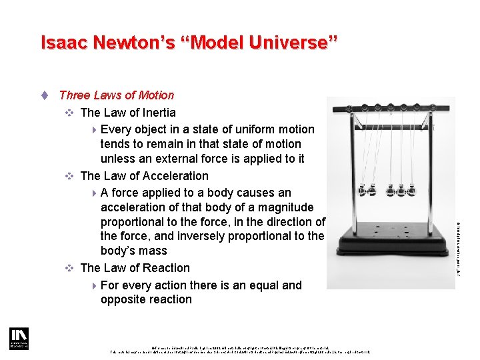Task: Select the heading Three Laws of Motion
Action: click(116, 95)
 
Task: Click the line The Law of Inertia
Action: click(127, 113)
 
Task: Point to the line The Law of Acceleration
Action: click(144, 176)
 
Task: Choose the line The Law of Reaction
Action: click(135, 268)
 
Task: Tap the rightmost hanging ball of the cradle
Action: click(413, 190)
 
